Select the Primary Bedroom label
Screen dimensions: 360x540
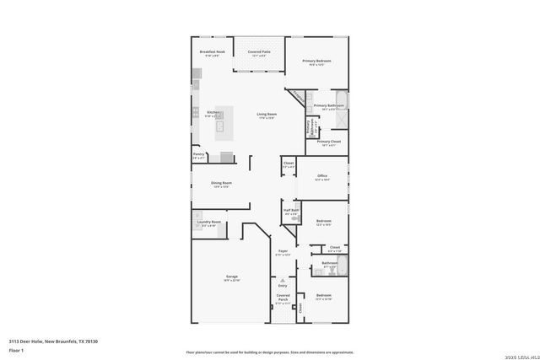317,62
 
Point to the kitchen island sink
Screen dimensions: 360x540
219,127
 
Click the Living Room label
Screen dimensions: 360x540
267,115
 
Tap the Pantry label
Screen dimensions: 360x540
199,155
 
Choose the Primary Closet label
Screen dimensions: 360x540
329,142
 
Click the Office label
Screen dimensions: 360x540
321,177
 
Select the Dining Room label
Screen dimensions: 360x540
221,184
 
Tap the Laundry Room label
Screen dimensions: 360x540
209,223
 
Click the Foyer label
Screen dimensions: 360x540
283,252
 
